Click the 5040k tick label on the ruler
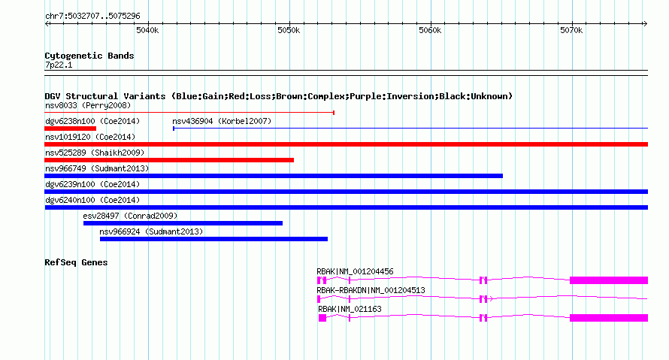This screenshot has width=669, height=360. [x=147, y=30]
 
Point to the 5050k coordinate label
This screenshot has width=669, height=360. [x=289, y=30]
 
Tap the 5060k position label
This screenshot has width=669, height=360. [x=430, y=30]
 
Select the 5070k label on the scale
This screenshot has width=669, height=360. [x=571, y=30]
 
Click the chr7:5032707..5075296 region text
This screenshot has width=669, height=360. [x=92, y=17]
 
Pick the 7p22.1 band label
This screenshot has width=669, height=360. [x=59, y=65]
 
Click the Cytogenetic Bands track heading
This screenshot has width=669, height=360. [x=89, y=56]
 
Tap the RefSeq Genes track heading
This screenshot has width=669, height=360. [x=76, y=262]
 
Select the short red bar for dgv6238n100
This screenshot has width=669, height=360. [x=71, y=129]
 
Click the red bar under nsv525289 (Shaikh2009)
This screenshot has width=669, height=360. [x=169, y=160]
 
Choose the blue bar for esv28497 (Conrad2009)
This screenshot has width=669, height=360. [x=183, y=223]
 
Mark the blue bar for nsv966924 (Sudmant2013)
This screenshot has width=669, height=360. [x=213, y=239]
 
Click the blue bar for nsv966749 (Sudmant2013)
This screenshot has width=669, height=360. [x=274, y=176]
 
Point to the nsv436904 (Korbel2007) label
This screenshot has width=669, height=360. [x=222, y=121]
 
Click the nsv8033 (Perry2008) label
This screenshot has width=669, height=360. [x=88, y=105]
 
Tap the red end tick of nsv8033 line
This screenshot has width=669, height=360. [x=334, y=113]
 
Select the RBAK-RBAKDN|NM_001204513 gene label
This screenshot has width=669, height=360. [x=371, y=290]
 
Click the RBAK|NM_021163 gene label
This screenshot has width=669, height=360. [x=350, y=309]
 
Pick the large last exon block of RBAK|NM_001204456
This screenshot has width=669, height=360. [x=609, y=280]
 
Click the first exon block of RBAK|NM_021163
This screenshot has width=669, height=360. [x=322, y=318]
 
